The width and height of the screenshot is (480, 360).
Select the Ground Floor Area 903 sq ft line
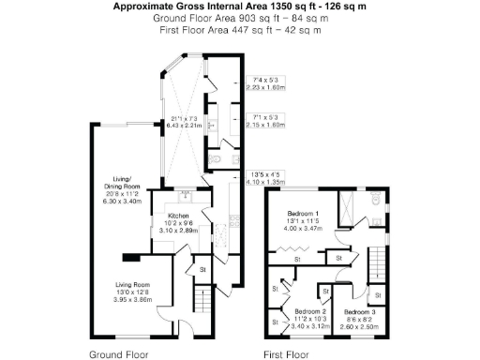click(x=240, y=18)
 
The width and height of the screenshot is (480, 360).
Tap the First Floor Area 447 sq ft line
click(x=240, y=29)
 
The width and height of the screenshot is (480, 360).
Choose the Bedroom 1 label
click(x=305, y=217)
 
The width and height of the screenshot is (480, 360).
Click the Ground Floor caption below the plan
click(x=118, y=354)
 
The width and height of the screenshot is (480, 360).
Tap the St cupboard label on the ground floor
click(x=202, y=270)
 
